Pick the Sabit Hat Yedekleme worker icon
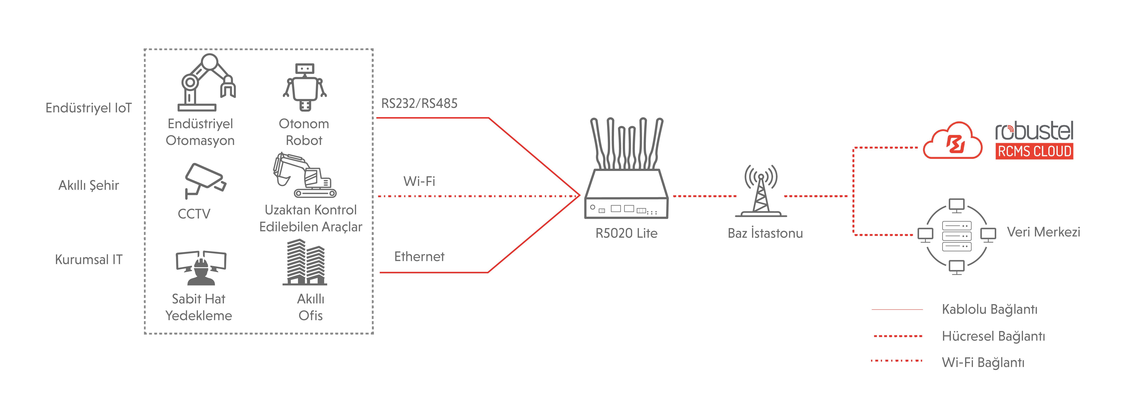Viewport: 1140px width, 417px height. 201,268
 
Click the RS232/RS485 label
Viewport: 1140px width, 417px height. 419,103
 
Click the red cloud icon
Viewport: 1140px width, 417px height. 952,142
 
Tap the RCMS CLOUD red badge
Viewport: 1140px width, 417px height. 1034,151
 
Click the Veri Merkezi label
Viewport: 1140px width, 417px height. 1043,232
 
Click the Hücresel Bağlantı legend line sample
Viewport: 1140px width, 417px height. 898,336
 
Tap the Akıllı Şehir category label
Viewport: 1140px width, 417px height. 89,185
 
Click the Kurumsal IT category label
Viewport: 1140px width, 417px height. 89,260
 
